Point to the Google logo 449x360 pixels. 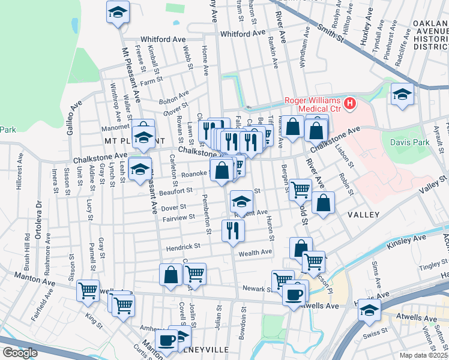point(20,353)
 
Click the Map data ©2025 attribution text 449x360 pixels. point(424,355)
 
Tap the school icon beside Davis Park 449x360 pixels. point(402,94)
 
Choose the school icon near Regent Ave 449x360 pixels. point(242,201)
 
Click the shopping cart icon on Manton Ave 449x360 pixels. point(88,290)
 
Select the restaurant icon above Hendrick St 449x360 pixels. point(232,230)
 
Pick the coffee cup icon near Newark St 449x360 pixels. point(294,295)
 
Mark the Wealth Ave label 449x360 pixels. point(256,253)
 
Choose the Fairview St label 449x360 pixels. point(179,217)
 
